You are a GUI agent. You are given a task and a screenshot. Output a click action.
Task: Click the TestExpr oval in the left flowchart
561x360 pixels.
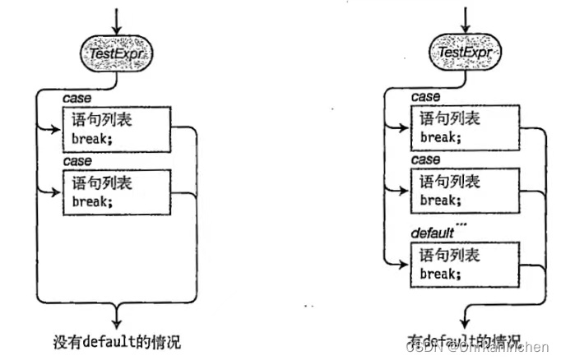click(x=118, y=53)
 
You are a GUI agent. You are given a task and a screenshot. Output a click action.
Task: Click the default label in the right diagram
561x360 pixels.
click(x=430, y=234)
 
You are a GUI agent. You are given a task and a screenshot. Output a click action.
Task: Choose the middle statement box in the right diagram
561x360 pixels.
click(x=466, y=191)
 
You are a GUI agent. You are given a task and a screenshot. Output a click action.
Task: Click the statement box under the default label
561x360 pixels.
click(x=466, y=264)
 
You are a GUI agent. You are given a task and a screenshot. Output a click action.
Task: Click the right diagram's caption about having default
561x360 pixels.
click(x=464, y=339)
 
